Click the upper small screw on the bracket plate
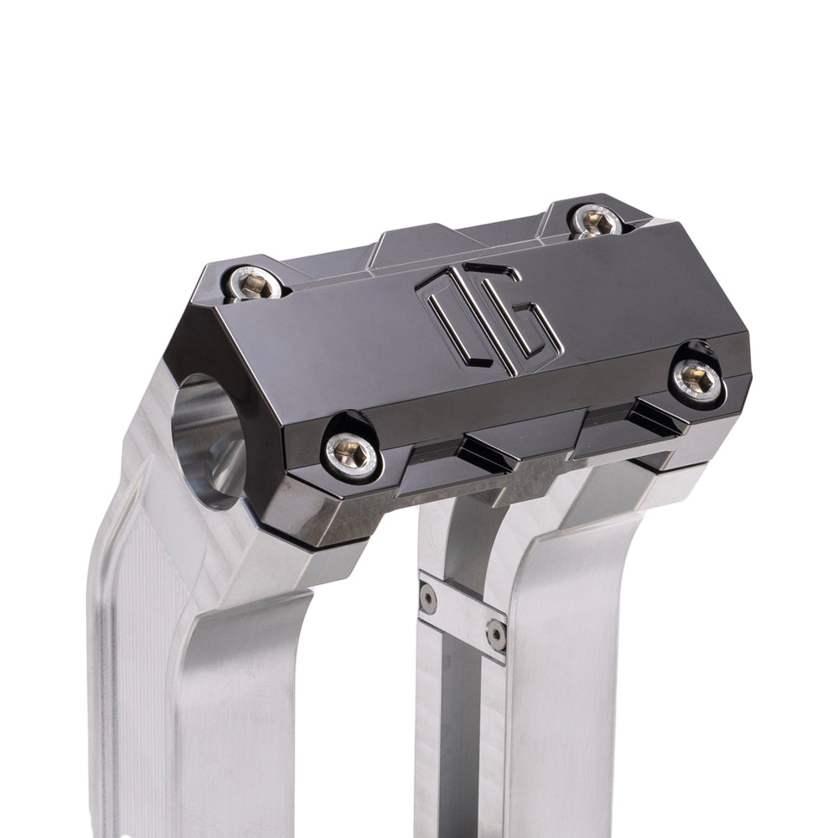click(428, 597)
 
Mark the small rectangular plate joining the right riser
click(463, 616)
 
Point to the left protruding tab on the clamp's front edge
click(494, 453)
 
